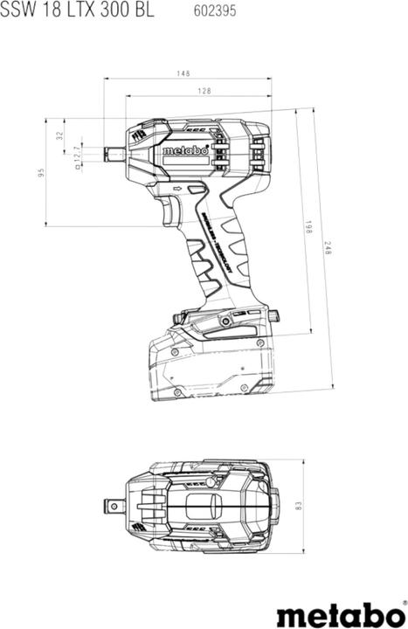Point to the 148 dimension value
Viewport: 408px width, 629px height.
[x=183, y=73]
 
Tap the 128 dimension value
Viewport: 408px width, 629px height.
[x=203, y=91]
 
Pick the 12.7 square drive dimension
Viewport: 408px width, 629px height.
[x=77, y=157]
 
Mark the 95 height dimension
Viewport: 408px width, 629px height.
[x=40, y=172]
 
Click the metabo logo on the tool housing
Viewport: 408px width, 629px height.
[x=184, y=151]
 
